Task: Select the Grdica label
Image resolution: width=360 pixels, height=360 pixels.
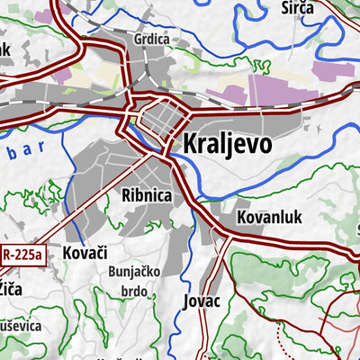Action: pos(150,40)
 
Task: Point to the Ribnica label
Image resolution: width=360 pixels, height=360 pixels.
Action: pos(147,193)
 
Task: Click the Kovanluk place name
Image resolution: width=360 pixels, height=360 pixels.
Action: pos(269,217)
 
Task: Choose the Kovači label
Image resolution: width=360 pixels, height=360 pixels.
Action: pos(85,254)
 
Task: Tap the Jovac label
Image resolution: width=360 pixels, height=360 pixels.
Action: pos(201,300)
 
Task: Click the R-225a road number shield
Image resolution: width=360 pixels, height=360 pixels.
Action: pos(22,255)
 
